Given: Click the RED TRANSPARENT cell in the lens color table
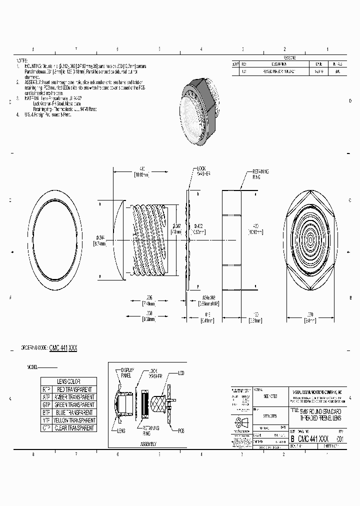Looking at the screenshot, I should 73,389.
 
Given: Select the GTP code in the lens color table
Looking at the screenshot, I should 46,404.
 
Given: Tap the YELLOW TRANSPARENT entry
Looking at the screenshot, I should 73,420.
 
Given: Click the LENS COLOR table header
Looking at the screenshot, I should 68,381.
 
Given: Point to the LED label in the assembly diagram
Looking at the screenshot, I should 181,373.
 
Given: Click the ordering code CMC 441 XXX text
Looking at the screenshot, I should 63,347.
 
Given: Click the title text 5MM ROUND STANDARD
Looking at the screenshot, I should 319,410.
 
